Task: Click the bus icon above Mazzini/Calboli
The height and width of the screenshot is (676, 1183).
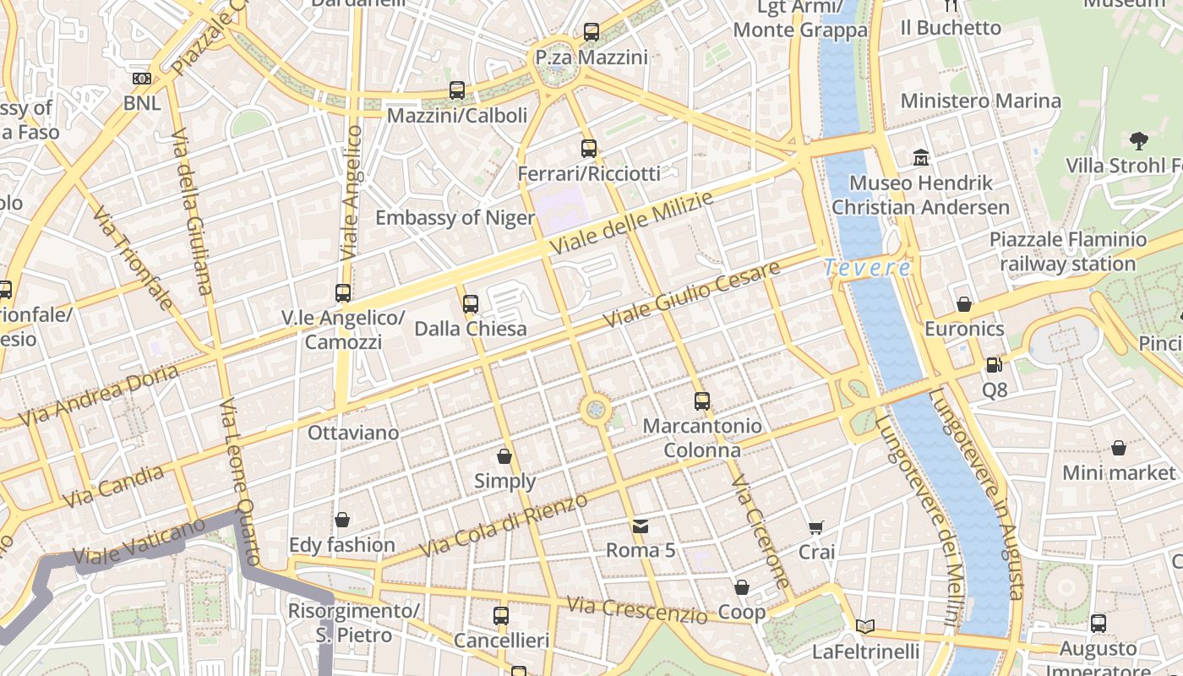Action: pos(457,90)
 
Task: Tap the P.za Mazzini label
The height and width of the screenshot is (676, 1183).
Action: pos(591,57)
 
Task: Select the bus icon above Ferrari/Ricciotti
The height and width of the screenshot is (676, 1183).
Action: pos(589,149)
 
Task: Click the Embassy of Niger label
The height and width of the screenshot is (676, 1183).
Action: pos(455,218)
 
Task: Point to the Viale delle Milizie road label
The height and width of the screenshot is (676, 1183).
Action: pos(632,224)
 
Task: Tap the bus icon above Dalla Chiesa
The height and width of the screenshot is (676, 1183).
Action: pos(471,303)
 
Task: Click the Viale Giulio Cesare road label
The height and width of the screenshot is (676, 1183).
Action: pos(693,297)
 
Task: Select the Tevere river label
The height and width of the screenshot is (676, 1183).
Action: pos(868,269)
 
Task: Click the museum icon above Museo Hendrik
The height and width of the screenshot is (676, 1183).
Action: pos(921,157)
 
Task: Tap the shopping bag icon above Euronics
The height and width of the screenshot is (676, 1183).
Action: pos(964,304)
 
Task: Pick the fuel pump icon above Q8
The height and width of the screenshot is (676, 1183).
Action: pos(995,365)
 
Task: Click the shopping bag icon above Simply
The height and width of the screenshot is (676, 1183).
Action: pos(504,456)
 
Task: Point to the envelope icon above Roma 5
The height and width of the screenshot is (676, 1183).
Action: pos(641,526)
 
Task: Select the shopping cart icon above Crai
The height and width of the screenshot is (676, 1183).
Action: pos(816,528)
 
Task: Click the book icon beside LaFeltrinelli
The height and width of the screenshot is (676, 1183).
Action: pos(864,626)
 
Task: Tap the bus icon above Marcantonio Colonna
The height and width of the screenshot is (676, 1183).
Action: pos(702,401)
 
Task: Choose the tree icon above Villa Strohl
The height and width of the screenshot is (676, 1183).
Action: pos(1138,140)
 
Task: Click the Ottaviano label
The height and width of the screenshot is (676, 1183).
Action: pos(353,433)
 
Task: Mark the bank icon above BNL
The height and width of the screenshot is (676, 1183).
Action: pos(142,79)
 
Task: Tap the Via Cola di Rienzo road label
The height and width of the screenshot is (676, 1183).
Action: pos(504,526)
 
